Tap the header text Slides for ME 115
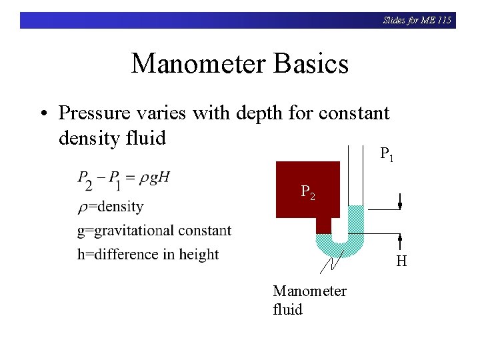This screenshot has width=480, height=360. pyautogui.click(x=417, y=20)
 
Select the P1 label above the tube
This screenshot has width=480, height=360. pyautogui.click(x=387, y=155)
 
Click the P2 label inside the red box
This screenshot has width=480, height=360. pyautogui.click(x=307, y=193)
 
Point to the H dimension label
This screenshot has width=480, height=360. pyautogui.click(x=401, y=261)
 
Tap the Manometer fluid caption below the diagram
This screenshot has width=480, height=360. pyautogui.click(x=309, y=300)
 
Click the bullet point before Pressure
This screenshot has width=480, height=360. pyautogui.click(x=43, y=114)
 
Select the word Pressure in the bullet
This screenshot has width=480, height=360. pyautogui.click(x=91, y=113)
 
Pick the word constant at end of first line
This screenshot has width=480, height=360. pyautogui.click(x=353, y=113)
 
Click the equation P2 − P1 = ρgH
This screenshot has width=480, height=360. pyautogui.click(x=124, y=179)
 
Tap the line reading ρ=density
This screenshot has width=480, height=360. pyautogui.click(x=111, y=207)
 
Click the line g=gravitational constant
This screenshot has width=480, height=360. pyautogui.click(x=154, y=231)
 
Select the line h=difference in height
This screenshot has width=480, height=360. pyautogui.click(x=147, y=254)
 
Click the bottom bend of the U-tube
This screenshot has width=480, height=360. pyautogui.click(x=340, y=249)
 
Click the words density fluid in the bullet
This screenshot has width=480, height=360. pyautogui.click(x=112, y=138)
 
